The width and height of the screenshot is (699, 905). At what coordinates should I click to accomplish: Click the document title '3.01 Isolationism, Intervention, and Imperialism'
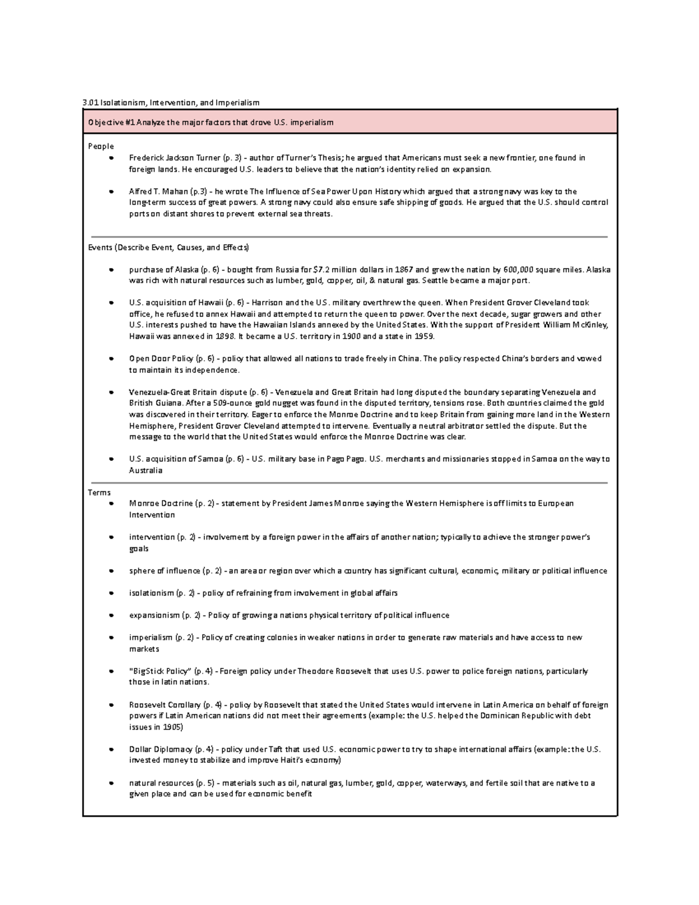[171, 103]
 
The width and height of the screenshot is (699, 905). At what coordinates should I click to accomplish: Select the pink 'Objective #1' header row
[349, 122]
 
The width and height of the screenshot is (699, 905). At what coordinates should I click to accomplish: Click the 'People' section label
[101, 146]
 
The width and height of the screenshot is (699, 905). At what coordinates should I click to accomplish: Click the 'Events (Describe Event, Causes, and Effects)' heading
[168, 248]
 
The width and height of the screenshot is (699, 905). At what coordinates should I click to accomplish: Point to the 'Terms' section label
[99, 493]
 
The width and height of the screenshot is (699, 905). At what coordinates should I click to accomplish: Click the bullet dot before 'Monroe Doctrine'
[110, 503]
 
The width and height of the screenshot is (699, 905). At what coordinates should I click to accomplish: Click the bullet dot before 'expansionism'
[110, 615]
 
